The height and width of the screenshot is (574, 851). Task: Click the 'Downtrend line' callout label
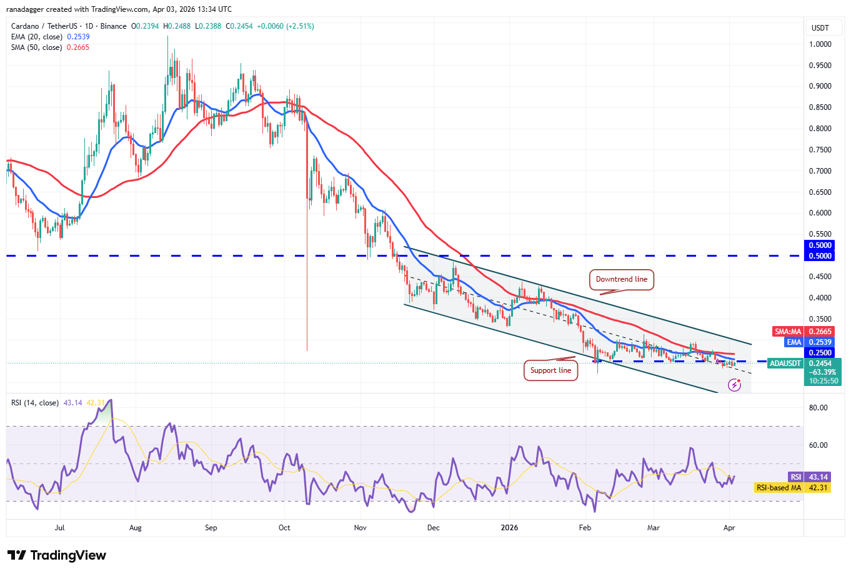click(x=621, y=279)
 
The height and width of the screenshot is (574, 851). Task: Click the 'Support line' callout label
click(x=550, y=370)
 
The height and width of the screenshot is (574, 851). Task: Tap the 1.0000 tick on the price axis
click(x=820, y=44)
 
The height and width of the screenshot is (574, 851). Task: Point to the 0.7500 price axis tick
click(x=820, y=150)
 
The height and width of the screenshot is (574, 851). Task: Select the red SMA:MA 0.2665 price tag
click(x=804, y=332)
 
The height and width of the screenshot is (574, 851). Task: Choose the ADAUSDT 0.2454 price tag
click(x=804, y=364)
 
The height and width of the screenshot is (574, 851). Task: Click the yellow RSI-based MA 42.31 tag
click(x=792, y=488)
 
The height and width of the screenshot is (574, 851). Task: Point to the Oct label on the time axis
click(x=284, y=528)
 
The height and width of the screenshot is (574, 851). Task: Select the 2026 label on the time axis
click(x=509, y=528)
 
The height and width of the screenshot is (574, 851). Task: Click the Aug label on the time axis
click(x=136, y=528)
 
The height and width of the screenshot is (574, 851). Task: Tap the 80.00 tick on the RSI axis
click(x=818, y=408)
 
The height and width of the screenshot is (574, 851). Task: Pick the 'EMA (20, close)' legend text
click(x=36, y=37)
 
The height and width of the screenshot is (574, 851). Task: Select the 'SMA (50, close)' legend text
click(x=36, y=47)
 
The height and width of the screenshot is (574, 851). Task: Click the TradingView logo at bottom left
click(x=57, y=555)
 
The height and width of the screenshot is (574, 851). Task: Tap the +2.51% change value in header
click(x=301, y=26)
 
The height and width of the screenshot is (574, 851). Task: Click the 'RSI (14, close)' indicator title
click(x=35, y=403)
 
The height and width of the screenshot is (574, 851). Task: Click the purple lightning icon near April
click(x=734, y=385)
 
